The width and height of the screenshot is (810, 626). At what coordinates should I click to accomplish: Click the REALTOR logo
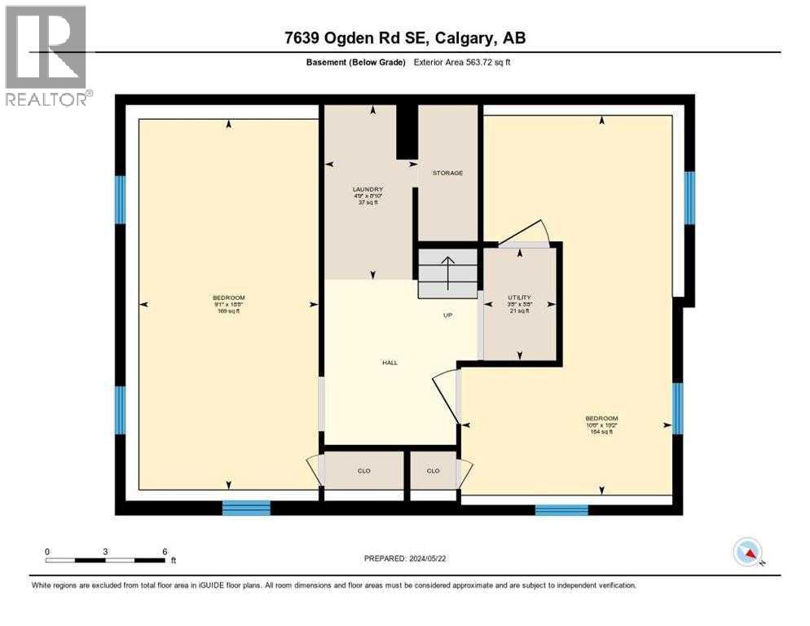click(46, 56)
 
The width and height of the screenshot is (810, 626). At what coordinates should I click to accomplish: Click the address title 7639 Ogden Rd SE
click(404, 38)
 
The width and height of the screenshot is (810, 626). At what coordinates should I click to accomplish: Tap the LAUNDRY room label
click(368, 190)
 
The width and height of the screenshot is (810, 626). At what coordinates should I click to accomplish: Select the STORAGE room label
click(447, 173)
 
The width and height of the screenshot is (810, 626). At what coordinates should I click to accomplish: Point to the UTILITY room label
click(519, 298)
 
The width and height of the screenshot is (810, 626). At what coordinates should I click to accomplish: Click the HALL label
click(390, 362)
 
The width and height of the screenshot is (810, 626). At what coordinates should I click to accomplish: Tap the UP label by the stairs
click(447, 315)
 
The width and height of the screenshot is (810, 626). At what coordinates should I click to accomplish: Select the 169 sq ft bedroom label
click(228, 304)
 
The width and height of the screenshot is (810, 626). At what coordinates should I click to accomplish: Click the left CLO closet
click(364, 470)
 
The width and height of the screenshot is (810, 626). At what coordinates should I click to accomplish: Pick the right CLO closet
click(434, 470)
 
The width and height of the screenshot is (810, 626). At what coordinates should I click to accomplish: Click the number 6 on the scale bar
click(165, 551)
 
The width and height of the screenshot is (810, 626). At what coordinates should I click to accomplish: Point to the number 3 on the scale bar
click(106, 551)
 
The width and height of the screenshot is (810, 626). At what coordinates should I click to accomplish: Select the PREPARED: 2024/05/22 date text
click(405, 558)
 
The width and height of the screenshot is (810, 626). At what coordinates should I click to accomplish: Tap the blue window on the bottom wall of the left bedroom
click(246, 508)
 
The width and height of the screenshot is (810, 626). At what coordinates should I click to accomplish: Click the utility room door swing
click(526, 233)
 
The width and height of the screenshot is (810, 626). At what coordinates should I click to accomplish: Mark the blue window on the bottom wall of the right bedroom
click(561, 510)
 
